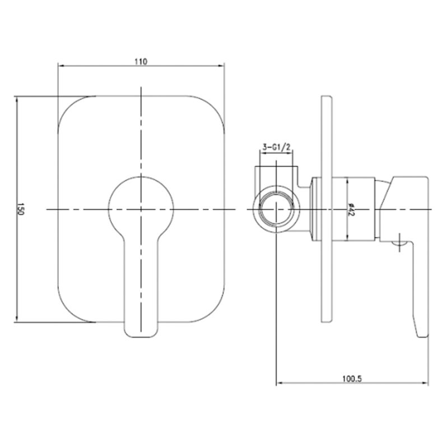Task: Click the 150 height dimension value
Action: (x=22, y=209)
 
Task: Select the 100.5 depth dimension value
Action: (x=352, y=378)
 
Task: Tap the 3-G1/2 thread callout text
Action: (x=276, y=147)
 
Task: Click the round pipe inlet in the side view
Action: (x=276, y=208)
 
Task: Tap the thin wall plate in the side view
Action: (x=324, y=208)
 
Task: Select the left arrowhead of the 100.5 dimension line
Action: (x=278, y=384)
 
